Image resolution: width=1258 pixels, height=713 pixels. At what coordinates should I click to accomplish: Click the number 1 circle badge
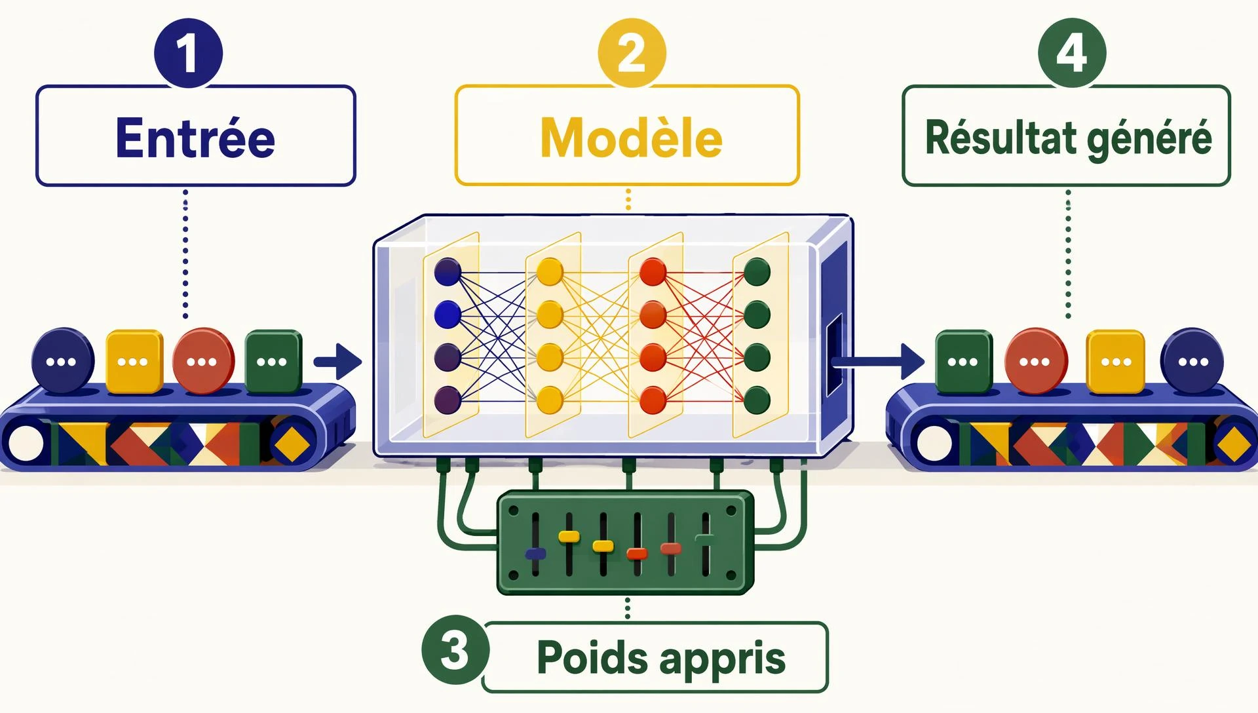click(189, 52)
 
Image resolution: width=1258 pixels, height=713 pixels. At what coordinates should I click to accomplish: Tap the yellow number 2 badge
click(632, 52)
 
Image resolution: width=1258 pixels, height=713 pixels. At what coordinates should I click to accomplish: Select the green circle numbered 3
click(455, 649)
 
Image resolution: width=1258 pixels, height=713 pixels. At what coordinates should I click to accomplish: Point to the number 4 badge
click(1072, 52)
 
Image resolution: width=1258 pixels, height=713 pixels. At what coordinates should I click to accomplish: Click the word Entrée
click(195, 138)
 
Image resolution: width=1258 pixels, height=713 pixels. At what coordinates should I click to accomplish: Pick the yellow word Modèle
click(631, 138)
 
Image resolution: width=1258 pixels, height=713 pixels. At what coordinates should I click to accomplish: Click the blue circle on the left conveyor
click(63, 360)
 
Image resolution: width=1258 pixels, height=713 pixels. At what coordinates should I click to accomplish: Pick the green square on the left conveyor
click(273, 361)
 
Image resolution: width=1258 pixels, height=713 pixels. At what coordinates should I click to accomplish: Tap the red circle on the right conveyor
click(1036, 361)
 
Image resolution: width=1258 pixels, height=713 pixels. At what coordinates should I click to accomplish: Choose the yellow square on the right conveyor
click(1116, 361)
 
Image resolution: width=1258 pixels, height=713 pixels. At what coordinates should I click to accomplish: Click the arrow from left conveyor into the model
click(337, 361)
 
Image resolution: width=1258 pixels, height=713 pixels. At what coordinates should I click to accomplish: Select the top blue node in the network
click(448, 271)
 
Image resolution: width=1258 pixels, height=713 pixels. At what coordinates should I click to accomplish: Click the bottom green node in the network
click(757, 399)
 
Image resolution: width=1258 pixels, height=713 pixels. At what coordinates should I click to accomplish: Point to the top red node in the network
click(653, 271)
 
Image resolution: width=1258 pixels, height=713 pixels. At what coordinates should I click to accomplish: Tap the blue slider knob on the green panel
click(536, 554)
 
